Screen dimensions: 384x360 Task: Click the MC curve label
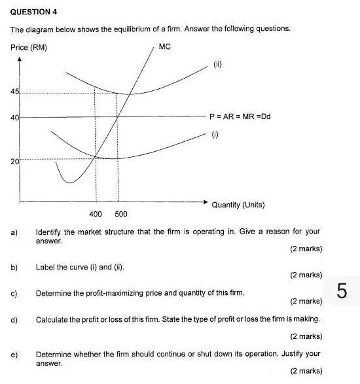click(165, 48)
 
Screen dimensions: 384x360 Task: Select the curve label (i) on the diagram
click(213, 134)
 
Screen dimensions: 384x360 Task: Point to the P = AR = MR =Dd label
click(240, 117)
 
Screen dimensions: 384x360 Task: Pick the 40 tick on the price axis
click(14, 117)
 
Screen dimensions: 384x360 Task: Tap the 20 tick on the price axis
click(14, 159)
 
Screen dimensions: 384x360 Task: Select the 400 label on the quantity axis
click(96, 214)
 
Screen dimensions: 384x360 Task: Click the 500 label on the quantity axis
click(121, 214)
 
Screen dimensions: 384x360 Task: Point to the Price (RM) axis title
click(29, 48)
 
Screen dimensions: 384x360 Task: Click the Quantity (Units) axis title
click(238, 205)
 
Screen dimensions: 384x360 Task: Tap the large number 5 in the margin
click(341, 289)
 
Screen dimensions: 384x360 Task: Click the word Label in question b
click(46, 268)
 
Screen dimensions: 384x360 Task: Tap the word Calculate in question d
click(53, 319)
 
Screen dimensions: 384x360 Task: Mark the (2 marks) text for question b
click(305, 275)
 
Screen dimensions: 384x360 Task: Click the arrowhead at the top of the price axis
click(21, 60)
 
